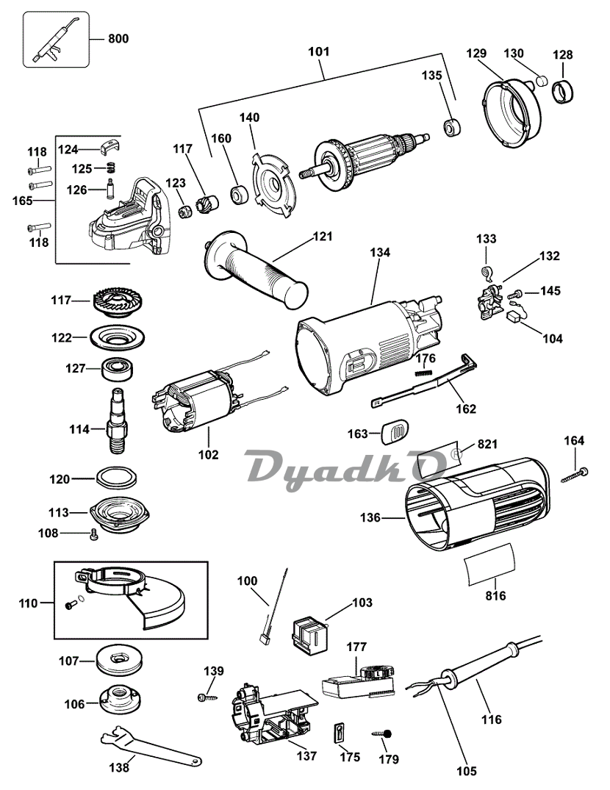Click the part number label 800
(x=118, y=38)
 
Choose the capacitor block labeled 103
(x=309, y=632)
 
